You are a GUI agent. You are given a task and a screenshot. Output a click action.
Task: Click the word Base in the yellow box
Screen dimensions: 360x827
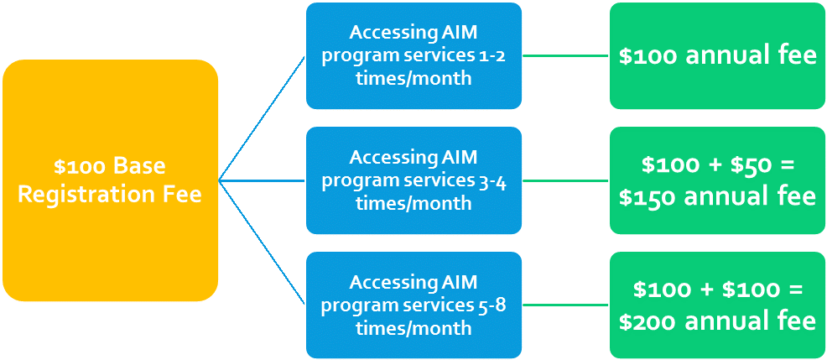138,165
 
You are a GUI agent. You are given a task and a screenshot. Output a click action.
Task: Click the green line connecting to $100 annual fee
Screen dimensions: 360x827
565,56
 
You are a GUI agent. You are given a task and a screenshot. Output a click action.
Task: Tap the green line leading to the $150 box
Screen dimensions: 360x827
565,180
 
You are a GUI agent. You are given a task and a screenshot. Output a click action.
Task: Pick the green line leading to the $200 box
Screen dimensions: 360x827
565,305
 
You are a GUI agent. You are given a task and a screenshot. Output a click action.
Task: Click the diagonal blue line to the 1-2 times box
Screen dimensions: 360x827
261,118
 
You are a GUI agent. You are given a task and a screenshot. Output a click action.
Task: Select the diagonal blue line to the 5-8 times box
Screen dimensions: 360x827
261,243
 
